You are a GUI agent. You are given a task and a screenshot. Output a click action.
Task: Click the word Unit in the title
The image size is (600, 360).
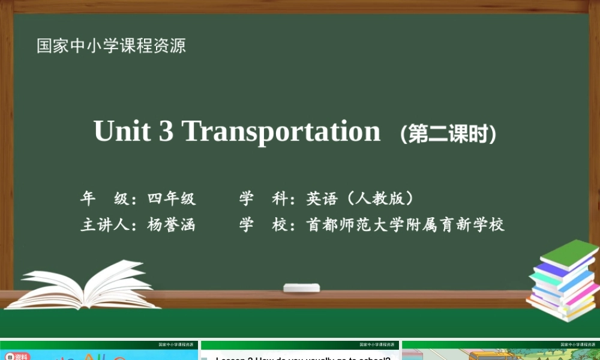(122, 131)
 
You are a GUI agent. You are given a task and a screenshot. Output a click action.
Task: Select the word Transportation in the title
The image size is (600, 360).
(281, 131)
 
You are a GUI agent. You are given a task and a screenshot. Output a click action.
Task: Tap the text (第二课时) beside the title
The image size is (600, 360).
(448, 134)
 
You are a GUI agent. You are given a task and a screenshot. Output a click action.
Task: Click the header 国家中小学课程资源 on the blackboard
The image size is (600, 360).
(112, 46)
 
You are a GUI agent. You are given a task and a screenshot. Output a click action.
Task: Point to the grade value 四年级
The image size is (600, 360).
(172, 198)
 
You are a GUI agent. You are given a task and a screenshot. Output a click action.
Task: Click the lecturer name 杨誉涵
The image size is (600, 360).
(172, 225)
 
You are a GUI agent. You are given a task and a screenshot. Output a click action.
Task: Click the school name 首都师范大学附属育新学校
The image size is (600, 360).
(405, 225)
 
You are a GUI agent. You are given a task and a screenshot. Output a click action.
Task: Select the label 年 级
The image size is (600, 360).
(105, 198)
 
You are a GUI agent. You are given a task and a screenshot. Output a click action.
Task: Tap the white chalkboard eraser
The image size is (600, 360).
(301, 287)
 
